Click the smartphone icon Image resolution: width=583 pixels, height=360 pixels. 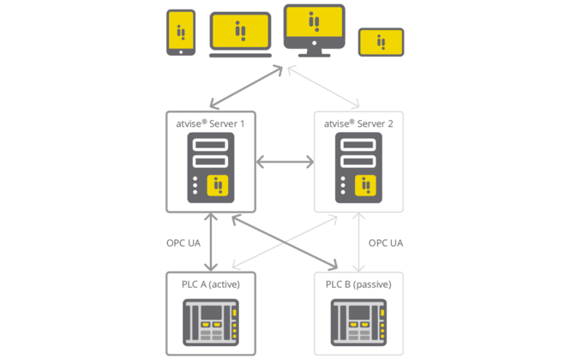[x=180, y=33]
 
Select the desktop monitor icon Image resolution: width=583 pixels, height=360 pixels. [x=314, y=30]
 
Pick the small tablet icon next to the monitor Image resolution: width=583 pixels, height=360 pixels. [x=381, y=42]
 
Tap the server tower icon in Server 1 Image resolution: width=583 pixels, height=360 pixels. [x=211, y=167]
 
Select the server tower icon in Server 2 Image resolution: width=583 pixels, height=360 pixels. [x=358, y=167]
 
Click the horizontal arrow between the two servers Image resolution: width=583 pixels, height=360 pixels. [x=285, y=161]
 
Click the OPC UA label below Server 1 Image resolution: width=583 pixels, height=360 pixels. [x=183, y=243]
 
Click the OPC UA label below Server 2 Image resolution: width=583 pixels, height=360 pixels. [x=386, y=243]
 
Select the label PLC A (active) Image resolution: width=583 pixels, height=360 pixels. [x=211, y=284]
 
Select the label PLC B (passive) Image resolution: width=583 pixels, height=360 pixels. [x=358, y=284]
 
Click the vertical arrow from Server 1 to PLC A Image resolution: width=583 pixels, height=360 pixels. [x=211, y=243]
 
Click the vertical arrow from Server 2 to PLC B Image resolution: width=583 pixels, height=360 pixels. [x=358, y=243]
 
